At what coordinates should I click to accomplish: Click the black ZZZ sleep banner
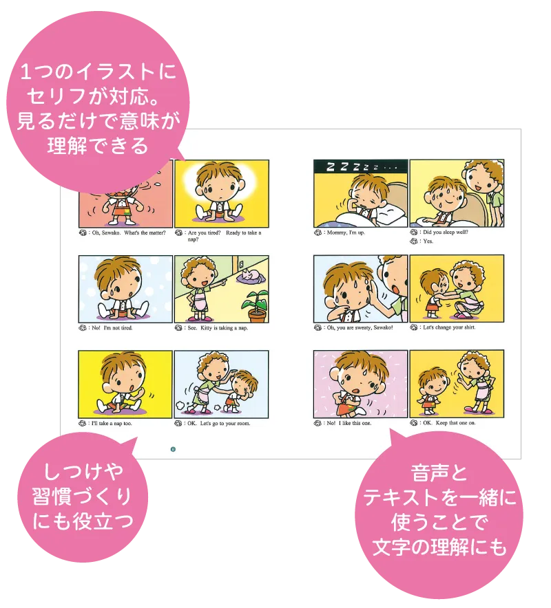coord(360,166)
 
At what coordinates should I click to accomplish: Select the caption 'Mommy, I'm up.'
coord(346,232)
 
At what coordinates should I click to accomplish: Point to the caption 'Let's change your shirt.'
coord(449,327)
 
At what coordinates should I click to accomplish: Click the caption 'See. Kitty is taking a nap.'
coord(218,328)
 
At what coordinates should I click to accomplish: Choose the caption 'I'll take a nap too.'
coord(112,424)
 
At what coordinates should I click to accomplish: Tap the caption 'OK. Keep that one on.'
coord(449,423)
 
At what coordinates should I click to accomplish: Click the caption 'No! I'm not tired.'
coord(112,328)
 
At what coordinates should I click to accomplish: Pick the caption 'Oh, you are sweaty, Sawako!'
coord(360,327)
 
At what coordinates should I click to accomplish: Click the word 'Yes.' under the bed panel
coord(428,241)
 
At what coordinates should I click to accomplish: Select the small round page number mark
coord(173,449)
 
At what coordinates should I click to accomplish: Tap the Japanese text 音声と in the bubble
coord(439,473)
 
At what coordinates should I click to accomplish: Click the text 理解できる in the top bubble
coord(98,146)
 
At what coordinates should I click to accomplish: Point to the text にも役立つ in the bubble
coord(83,521)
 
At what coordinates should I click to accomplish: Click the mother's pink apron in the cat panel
coord(199,301)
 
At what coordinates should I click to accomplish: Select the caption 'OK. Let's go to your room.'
coord(218,424)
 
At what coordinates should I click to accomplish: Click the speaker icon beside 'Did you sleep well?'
coord(413,232)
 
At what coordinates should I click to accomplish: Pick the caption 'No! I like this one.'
coord(349,424)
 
